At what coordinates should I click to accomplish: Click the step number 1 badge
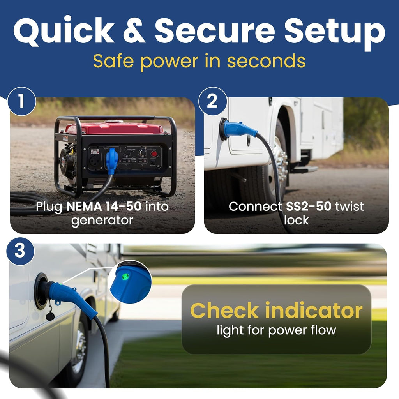point(22,101)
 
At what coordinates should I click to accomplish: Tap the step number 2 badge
point(213,101)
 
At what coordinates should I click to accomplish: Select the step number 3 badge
point(20,251)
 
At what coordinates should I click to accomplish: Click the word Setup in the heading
point(335,33)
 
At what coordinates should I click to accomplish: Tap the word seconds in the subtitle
point(266,61)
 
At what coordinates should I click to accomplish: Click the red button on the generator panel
point(154,154)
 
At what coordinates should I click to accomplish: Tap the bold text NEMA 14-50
point(104,207)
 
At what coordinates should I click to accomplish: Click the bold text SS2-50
point(309,207)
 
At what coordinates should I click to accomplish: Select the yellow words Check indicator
point(276,311)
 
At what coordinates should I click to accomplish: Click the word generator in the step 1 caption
point(102,221)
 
